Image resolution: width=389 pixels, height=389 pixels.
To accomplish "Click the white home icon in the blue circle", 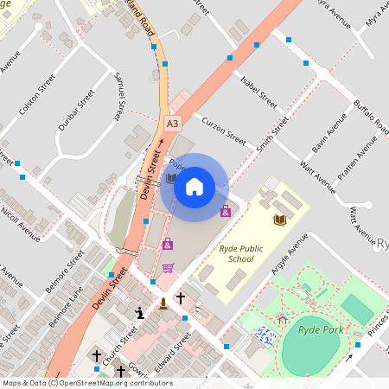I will [x=194, y=185].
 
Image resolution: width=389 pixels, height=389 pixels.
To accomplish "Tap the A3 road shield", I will [x=173, y=124].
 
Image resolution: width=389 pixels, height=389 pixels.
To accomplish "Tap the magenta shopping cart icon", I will [x=168, y=268].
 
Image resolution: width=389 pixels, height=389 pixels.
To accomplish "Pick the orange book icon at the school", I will [x=279, y=220].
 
